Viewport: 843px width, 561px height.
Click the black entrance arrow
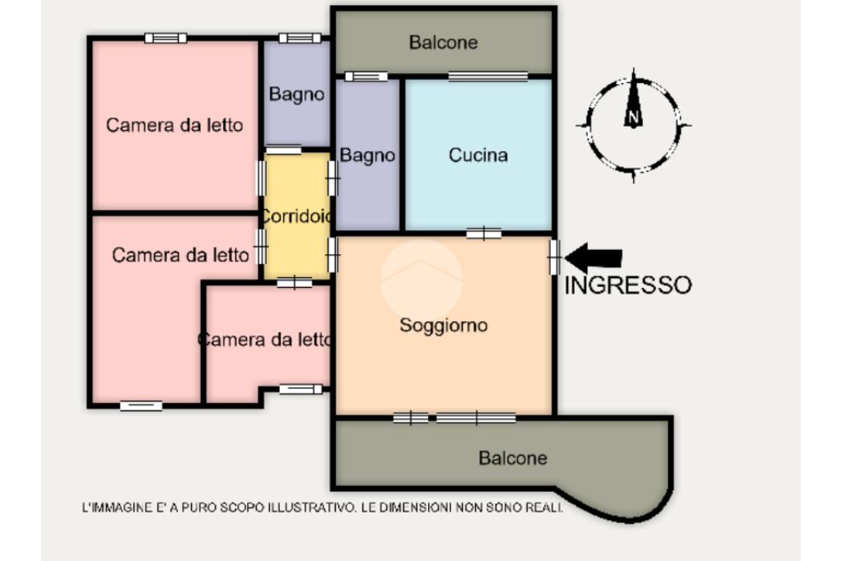[594, 258]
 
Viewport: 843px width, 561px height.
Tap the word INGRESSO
[628, 285]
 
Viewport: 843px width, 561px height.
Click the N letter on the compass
[633, 117]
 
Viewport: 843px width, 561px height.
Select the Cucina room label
[478, 155]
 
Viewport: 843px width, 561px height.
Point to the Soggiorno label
[444, 326]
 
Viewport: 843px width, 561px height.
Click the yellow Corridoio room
[296, 216]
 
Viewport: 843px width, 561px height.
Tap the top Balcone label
[443, 43]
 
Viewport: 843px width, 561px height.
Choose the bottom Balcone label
[513, 458]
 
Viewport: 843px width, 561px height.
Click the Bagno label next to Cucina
[367, 155]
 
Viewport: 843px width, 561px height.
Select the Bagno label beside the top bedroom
[296, 95]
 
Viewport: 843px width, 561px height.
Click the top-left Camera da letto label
[175, 125]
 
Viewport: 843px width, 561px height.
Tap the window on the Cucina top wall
[488, 76]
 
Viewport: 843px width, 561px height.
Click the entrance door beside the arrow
[554, 257]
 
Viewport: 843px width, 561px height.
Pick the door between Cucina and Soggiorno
[484, 234]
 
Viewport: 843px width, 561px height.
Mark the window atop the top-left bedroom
[165, 38]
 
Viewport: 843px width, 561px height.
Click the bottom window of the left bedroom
[141, 406]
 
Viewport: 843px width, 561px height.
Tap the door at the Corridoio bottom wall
[294, 283]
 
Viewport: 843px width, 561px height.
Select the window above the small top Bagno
[300, 38]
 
